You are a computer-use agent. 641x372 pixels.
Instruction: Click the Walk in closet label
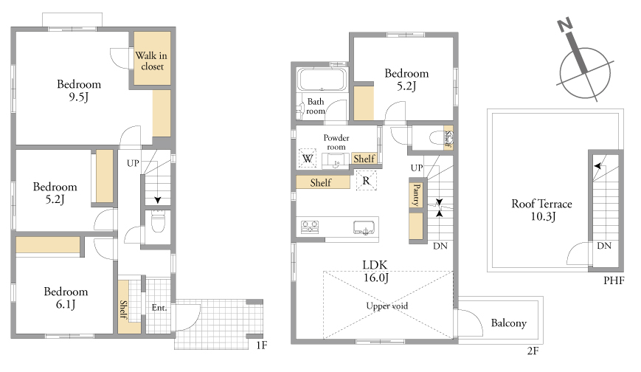[x=151, y=61]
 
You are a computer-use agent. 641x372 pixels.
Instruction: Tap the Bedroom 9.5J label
[x=79, y=91]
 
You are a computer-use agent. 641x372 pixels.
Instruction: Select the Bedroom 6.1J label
[x=66, y=298]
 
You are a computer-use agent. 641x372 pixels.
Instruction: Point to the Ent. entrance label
[x=159, y=308]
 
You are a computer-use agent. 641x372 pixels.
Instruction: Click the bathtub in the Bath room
[x=322, y=79]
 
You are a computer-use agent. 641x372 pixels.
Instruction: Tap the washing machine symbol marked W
[x=308, y=159]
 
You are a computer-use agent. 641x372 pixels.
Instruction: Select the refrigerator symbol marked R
[x=367, y=181]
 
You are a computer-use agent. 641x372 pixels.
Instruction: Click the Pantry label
[x=417, y=195]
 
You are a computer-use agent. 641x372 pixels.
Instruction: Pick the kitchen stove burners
[x=310, y=227]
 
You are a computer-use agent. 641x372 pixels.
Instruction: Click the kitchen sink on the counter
[x=364, y=227]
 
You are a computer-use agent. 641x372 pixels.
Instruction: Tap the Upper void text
[x=387, y=306]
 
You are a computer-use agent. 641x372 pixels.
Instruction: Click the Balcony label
[x=508, y=323]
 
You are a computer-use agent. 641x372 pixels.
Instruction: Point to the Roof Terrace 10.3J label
[x=541, y=210]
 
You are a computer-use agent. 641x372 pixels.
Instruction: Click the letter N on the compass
[x=564, y=25]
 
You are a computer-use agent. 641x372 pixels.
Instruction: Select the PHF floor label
[x=614, y=280]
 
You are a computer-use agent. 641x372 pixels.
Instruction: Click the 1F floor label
[x=262, y=345]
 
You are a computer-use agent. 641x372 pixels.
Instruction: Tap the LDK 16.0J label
[x=375, y=272]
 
